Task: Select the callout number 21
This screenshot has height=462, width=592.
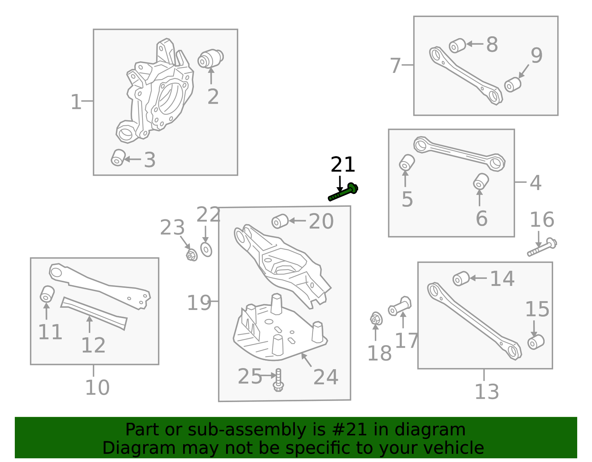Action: pyautogui.click(x=343, y=165)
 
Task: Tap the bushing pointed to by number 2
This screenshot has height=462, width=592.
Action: pyautogui.click(x=211, y=58)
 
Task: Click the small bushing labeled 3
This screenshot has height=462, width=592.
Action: pyautogui.click(x=118, y=158)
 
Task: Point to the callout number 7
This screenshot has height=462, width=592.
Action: pyautogui.click(x=395, y=66)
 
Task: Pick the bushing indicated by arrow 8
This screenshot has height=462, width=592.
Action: pyautogui.click(x=457, y=45)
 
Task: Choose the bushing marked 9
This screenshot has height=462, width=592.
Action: pyautogui.click(x=513, y=85)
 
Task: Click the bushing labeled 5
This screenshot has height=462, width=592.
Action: pyautogui.click(x=407, y=163)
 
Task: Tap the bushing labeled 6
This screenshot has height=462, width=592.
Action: pyautogui.click(x=481, y=182)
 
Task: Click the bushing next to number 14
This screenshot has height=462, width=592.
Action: pyautogui.click(x=461, y=279)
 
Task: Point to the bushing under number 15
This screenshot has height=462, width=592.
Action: pyautogui.click(x=536, y=342)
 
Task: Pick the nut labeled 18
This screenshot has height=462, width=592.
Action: pyautogui.click(x=376, y=318)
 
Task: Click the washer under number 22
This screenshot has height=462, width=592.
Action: pyautogui.click(x=206, y=249)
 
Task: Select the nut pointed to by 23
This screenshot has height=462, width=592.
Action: pyautogui.click(x=192, y=255)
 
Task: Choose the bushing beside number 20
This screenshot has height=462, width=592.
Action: pyautogui.click(x=280, y=221)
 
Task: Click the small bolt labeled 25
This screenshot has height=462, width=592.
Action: pyautogui.click(x=278, y=380)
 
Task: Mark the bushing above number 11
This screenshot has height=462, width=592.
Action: pyautogui.click(x=47, y=294)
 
